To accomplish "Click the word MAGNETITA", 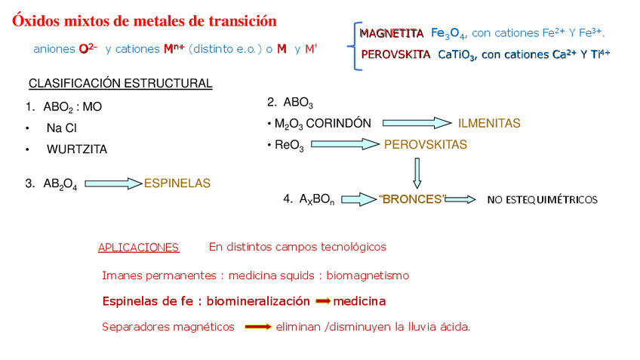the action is click(x=391, y=33).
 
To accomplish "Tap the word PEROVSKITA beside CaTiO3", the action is click(x=395, y=54).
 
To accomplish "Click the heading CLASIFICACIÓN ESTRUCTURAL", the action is click(x=120, y=83).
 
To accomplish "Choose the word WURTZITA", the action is click(x=77, y=149).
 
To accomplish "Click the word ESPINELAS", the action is click(x=177, y=183).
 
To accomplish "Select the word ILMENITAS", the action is click(x=489, y=123).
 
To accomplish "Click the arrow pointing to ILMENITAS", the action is click(x=417, y=123).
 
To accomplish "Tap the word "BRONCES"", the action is click(x=412, y=200).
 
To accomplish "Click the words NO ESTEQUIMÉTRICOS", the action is click(x=542, y=200).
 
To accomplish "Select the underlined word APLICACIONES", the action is click(x=138, y=248).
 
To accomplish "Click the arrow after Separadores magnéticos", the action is click(x=258, y=327).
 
